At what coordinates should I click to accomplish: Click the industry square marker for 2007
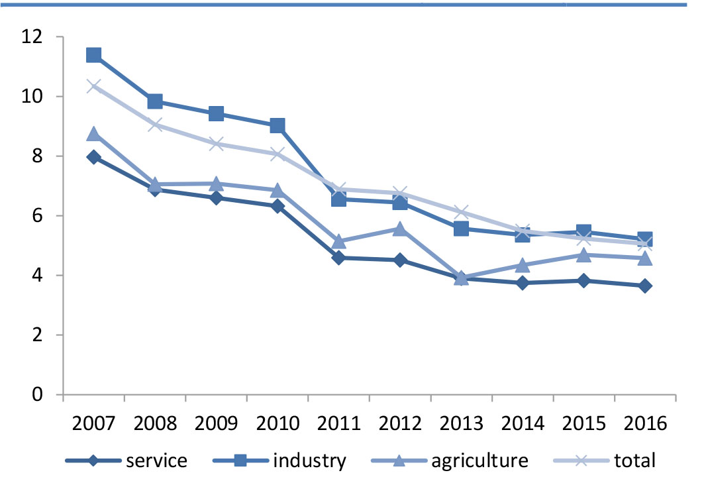(x=93, y=56)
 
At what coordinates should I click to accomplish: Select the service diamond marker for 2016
(x=645, y=286)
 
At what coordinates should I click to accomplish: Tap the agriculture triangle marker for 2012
(x=400, y=229)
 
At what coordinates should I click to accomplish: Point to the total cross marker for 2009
(x=216, y=144)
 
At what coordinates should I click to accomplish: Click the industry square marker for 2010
(x=277, y=126)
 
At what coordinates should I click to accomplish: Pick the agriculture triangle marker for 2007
(x=93, y=133)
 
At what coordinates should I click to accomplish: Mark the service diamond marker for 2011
(x=338, y=258)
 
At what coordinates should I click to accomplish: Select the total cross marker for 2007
(x=93, y=86)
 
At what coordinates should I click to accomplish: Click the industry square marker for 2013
(x=461, y=229)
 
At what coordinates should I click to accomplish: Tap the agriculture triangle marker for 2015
(x=583, y=255)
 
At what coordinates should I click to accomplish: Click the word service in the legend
(x=156, y=461)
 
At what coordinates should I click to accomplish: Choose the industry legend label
(x=310, y=461)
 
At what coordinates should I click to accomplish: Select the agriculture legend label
(x=479, y=461)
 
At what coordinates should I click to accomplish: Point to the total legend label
(x=635, y=461)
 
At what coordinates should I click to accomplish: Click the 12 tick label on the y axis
(x=32, y=36)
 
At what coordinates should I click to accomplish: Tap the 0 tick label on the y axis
(x=37, y=394)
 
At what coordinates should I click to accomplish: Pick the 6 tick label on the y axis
(x=37, y=216)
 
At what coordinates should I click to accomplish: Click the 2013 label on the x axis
(x=461, y=423)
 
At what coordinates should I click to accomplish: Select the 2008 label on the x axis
(x=155, y=423)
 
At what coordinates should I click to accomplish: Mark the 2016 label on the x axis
(x=645, y=423)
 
